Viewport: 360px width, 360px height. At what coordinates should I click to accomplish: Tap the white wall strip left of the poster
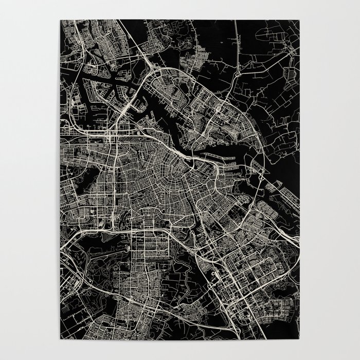[31, 180]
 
